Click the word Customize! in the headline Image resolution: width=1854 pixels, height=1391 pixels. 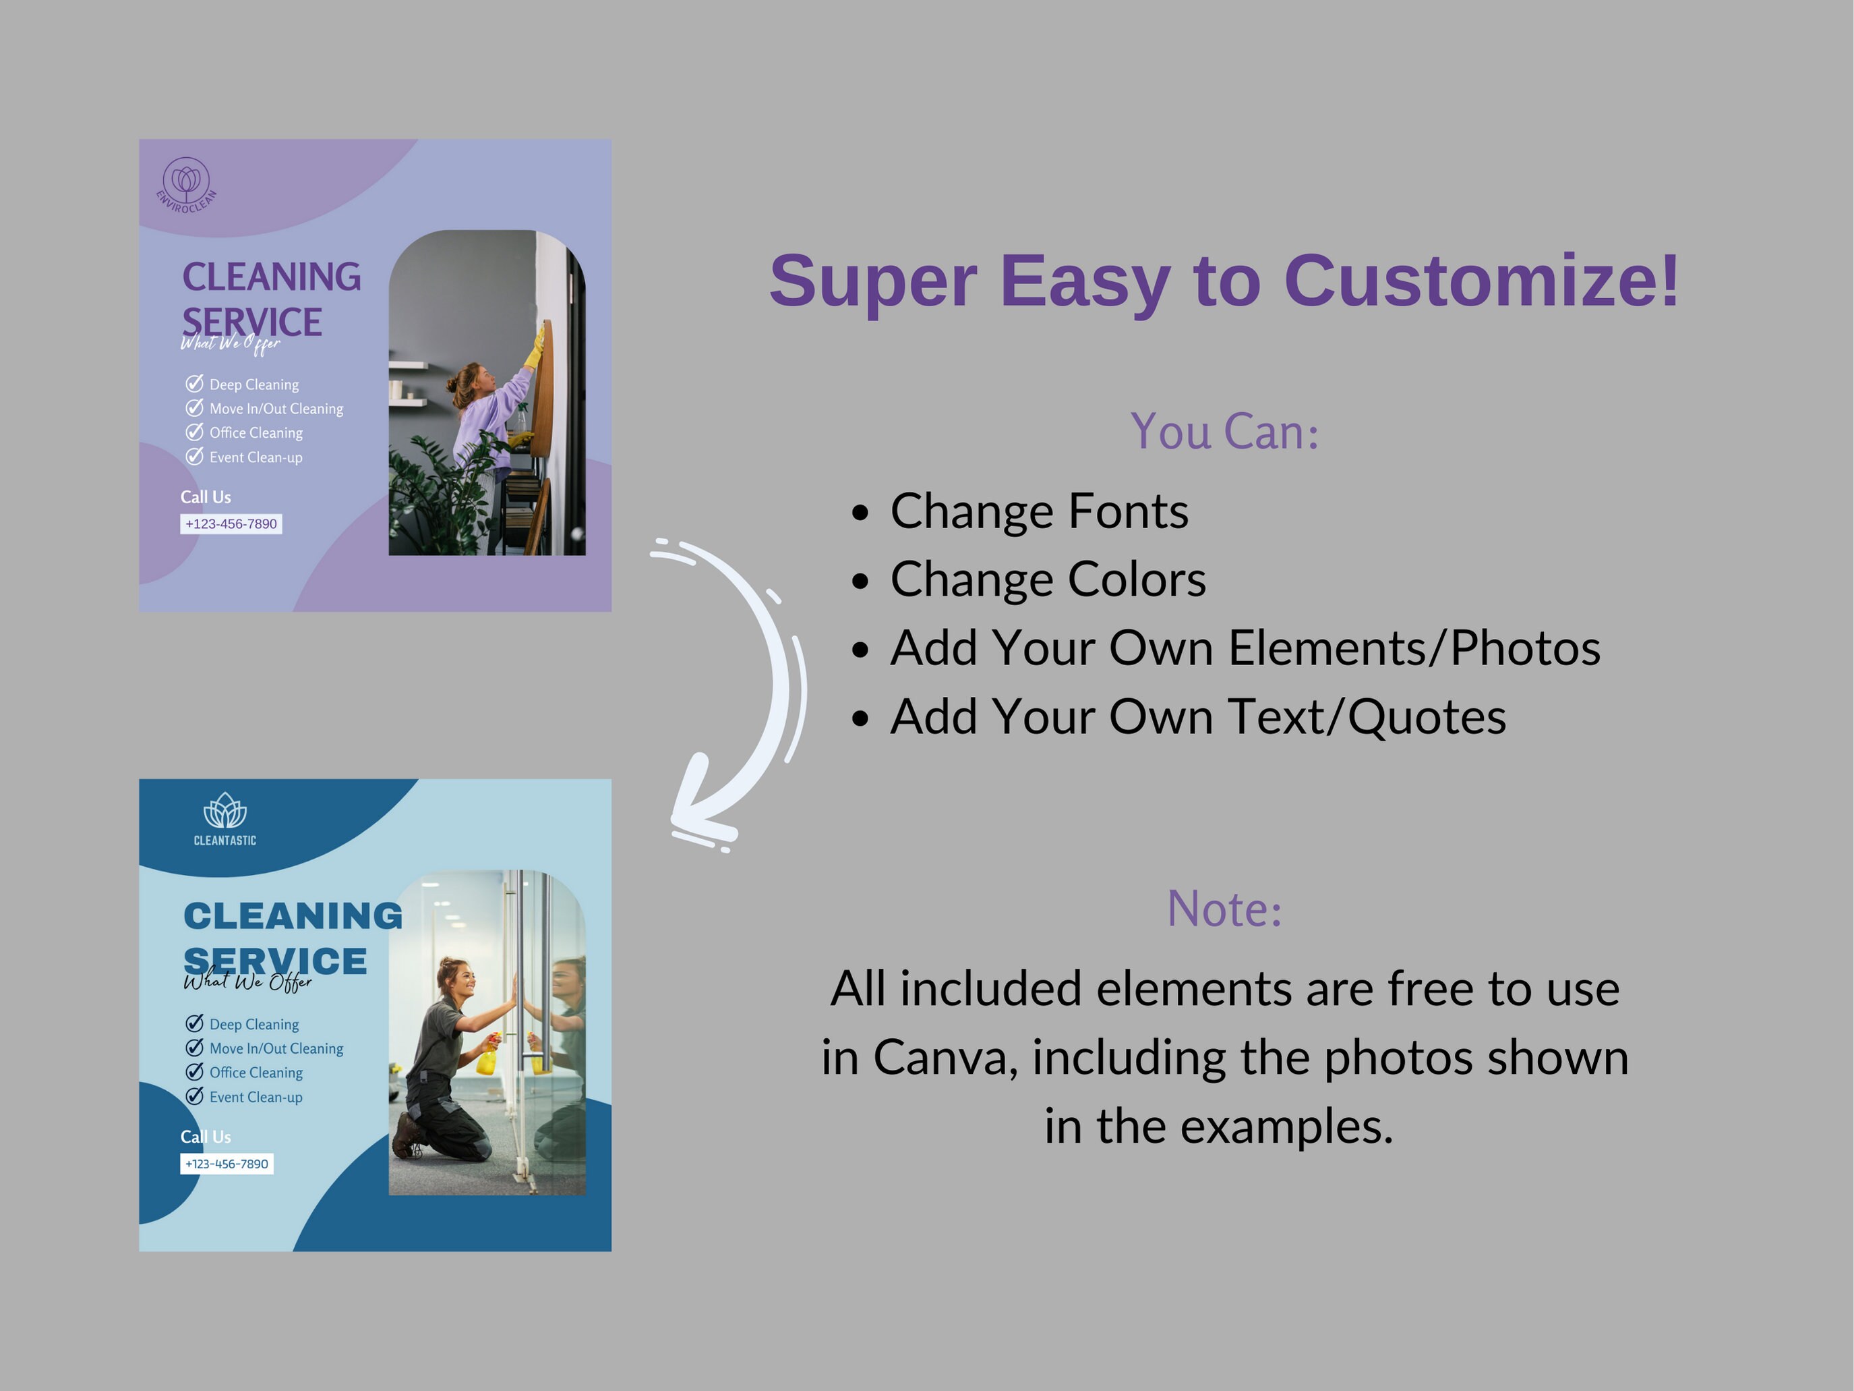tap(1481, 281)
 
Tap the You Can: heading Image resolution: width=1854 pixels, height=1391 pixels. tap(1224, 432)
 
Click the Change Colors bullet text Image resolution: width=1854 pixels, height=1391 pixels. tap(1048, 579)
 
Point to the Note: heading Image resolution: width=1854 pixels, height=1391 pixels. tap(1224, 909)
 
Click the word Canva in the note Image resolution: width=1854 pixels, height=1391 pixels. tap(944, 1058)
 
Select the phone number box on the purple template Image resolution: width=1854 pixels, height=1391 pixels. tap(231, 524)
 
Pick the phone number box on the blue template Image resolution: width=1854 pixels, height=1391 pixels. tap(227, 1164)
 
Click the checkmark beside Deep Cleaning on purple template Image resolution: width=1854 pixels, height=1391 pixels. tap(194, 384)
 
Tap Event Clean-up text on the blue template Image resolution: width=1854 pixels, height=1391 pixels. tap(256, 1098)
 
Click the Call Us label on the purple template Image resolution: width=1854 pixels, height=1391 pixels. tap(206, 497)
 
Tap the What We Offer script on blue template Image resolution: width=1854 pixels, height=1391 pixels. tap(247, 982)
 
